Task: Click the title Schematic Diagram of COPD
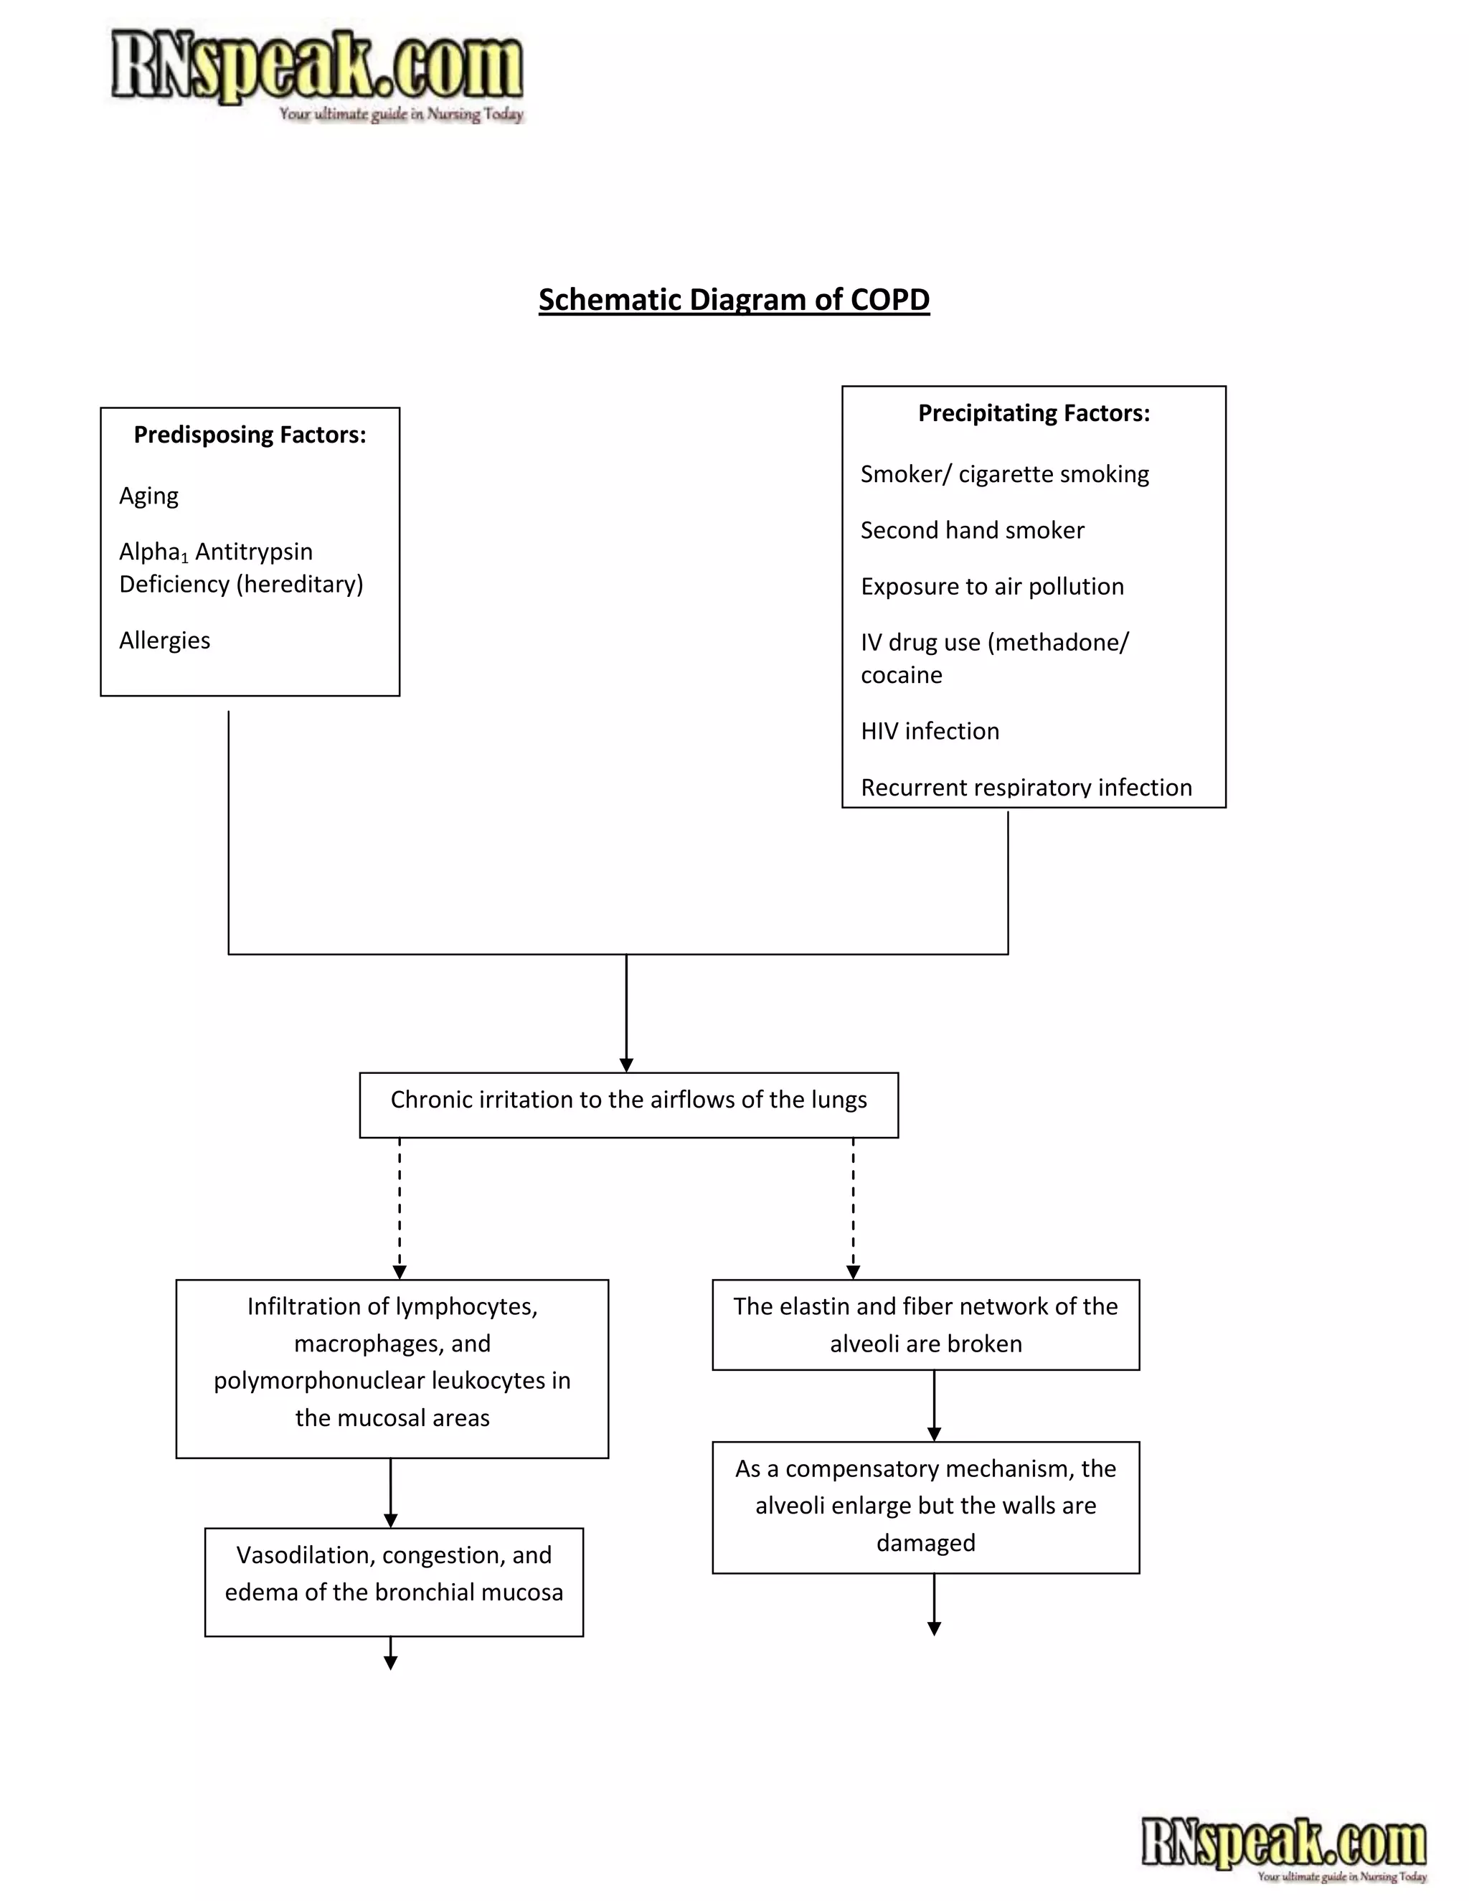coord(734,299)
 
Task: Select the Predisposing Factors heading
coord(250,434)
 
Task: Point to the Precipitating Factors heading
coord(1034,412)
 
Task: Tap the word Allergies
coord(164,640)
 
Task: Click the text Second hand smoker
coord(972,530)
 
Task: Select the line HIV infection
coord(930,730)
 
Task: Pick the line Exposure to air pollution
coord(992,586)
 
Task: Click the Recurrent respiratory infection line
coord(1026,787)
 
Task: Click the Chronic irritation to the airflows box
coord(628,1104)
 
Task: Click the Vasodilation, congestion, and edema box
coord(393,1580)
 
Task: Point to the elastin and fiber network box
coord(925,1324)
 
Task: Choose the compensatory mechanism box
coord(925,1506)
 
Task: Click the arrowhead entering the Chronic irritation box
coord(627,1065)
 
